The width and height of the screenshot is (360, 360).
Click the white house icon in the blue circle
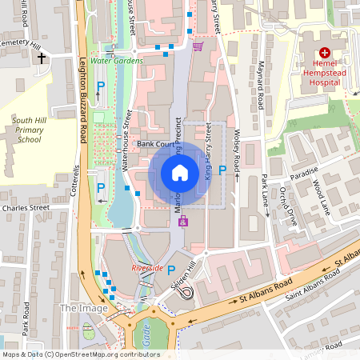(x=180, y=172)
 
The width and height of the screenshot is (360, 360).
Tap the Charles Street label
(x=26, y=208)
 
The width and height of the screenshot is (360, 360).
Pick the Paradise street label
(x=304, y=171)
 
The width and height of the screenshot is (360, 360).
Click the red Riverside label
(x=147, y=268)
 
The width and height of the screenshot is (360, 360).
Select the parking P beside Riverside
(x=170, y=270)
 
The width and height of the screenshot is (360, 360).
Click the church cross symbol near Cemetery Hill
(x=39, y=58)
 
